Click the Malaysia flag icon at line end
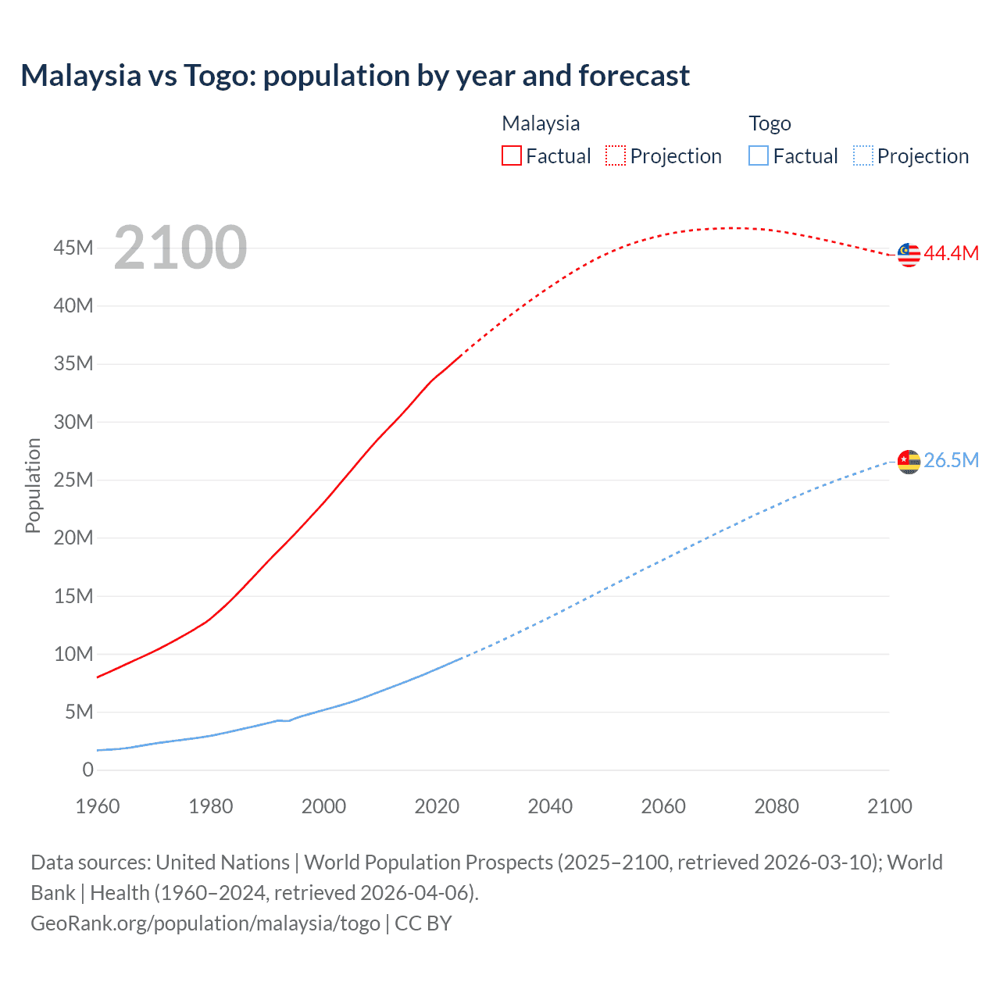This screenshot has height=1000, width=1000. click(x=909, y=255)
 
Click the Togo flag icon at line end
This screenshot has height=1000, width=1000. click(x=909, y=462)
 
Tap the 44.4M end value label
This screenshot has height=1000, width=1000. click(x=951, y=254)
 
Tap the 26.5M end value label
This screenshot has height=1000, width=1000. click(x=951, y=461)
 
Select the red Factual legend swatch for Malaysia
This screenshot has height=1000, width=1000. click(x=511, y=155)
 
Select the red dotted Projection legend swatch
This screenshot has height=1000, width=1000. click(x=616, y=155)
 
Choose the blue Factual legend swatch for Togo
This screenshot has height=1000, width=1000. click(x=758, y=155)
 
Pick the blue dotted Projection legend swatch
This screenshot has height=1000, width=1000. click(x=862, y=155)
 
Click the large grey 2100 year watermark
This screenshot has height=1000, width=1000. click(x=180, y=248)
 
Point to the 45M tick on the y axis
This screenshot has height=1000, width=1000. click(x=73, y=248)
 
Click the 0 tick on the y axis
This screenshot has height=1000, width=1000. click(x=87, y=770)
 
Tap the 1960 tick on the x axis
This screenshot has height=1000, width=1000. click(x=98, y=806)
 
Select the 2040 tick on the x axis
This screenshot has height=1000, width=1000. click(x=550, y=806)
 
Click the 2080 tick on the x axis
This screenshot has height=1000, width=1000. click(x=777, y=806)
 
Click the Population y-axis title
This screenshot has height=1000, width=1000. click(x=33, y=485)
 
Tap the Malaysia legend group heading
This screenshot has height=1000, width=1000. click(x=541, y=123)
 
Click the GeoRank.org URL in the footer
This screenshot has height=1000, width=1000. click(x=205, y=923)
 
